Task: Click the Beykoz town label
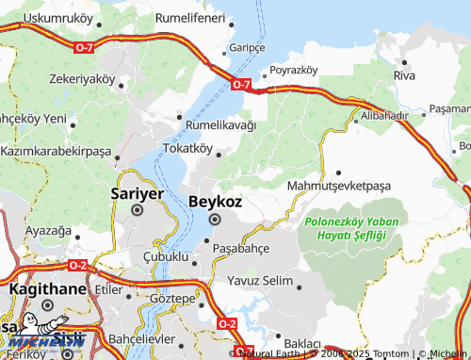216,201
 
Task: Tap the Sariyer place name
138,193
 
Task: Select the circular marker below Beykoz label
214,220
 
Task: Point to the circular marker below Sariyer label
138,211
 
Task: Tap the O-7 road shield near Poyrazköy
241,85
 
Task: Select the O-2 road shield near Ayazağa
78,266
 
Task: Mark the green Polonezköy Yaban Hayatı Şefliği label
346,229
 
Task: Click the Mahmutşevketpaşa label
338,186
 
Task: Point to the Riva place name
404,74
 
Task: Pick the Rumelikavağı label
220,125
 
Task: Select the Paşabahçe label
242,247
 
